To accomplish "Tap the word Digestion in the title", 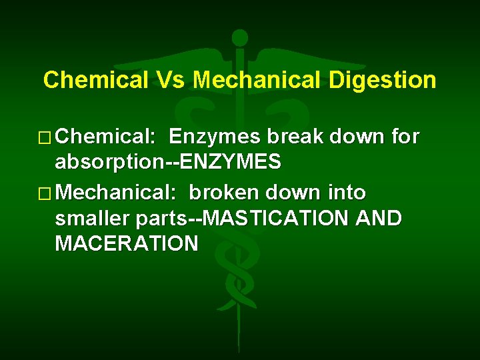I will tap(382, 81).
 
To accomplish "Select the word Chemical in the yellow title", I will tap(95, 81).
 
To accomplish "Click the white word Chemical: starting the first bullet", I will tap(106, 137).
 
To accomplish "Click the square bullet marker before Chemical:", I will tap(47, 138).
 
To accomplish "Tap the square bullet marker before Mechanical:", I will tap(47, 194).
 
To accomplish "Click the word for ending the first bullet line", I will tap(405, 137).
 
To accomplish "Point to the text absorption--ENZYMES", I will tap(168, 162).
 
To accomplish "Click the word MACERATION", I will tap(127, 243).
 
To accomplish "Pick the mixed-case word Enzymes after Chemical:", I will tap(214, 137).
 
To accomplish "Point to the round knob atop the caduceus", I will tap(239, 38).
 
